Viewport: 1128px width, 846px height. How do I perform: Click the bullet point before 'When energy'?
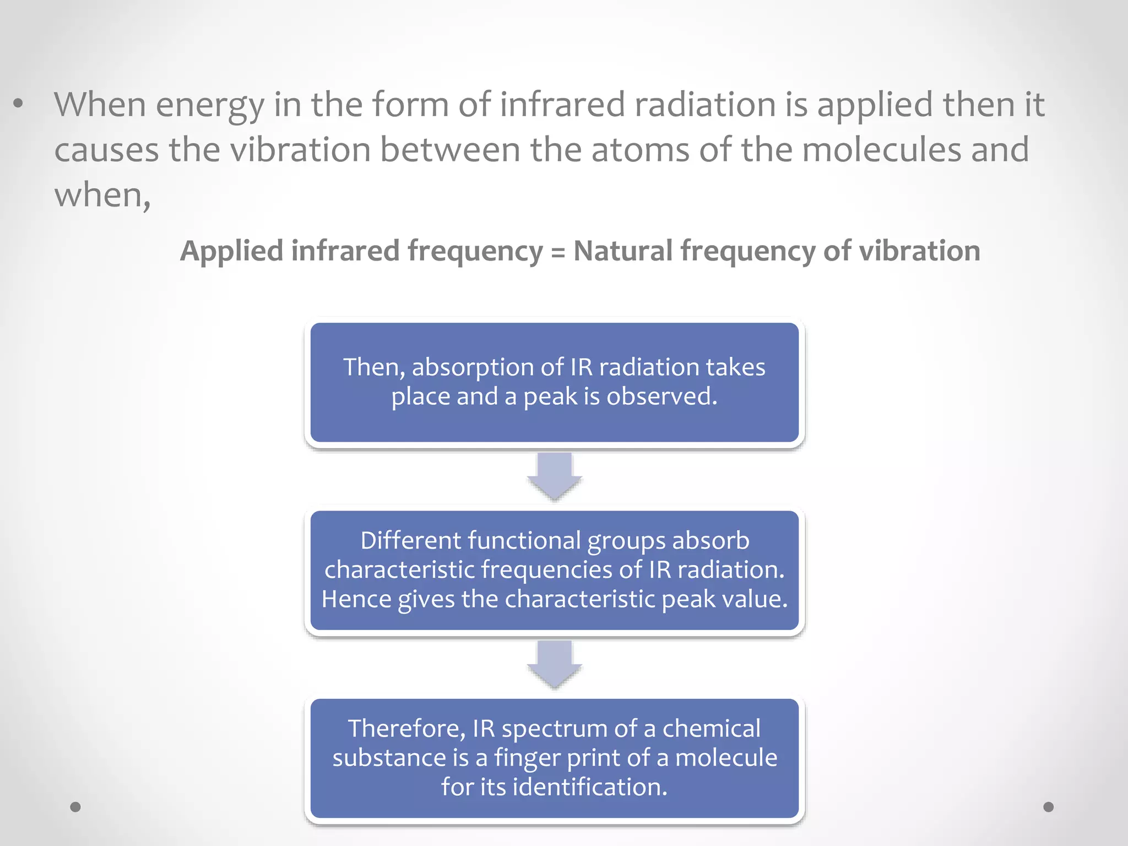click(19, 104)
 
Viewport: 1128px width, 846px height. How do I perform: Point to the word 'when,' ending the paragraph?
click(102, 195)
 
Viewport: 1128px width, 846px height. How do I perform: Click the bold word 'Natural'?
click(622, 251)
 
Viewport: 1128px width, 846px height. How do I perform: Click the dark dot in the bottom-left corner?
click(75, 807)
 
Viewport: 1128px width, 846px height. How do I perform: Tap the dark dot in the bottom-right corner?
click(1049, 807)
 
